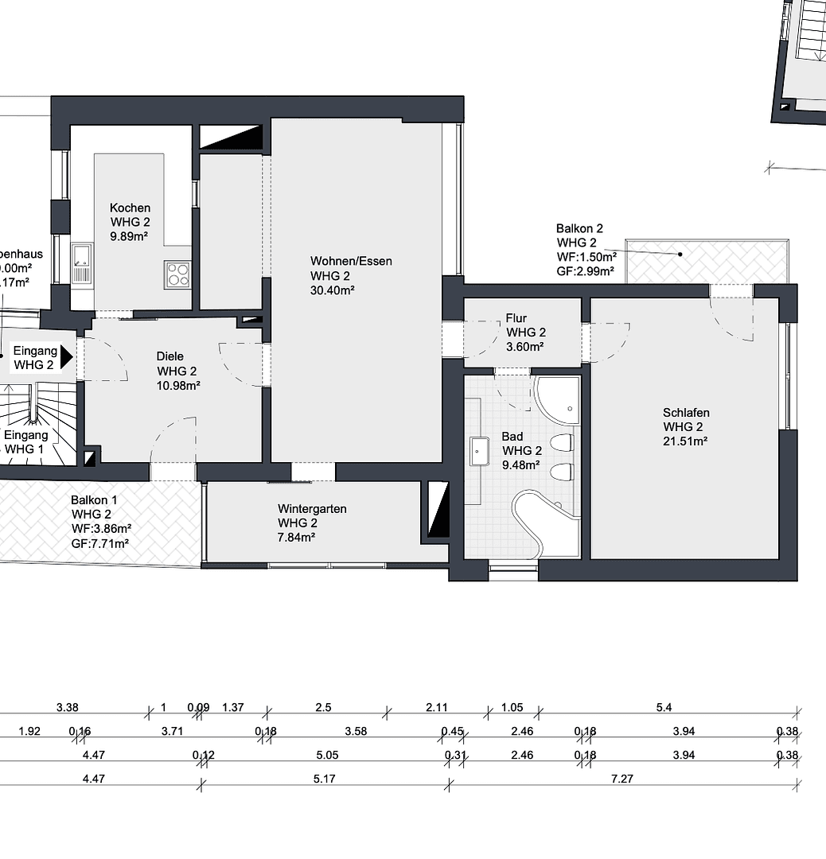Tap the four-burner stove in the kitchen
point(177,274)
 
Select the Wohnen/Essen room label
point(351,261)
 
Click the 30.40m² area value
point(332,290)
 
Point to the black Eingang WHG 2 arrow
point(67,356)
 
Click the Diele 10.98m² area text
point(178,385)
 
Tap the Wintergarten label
point(312,508)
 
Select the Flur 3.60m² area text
point(524,347)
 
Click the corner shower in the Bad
point(560,401)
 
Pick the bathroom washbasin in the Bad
point(480,451)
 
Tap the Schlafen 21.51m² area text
point(685,441)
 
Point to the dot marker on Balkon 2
point(680,255)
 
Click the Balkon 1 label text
point(94,500)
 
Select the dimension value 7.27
point(621,779)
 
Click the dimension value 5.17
point(324,779)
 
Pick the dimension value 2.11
point(437,707)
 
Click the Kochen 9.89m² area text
point(130,236)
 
